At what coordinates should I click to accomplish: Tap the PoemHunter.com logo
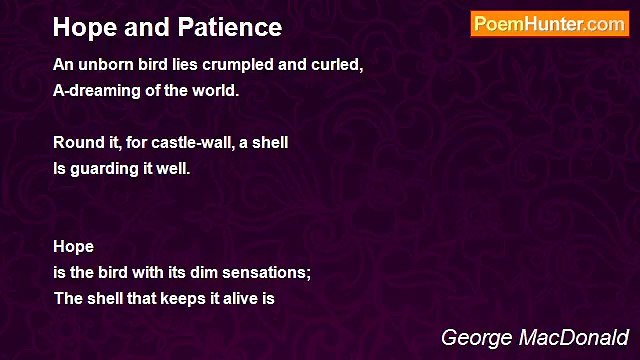pyautogui.click(x=549, y=24)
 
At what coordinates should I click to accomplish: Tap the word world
pyautogui.click(x=217, y=91)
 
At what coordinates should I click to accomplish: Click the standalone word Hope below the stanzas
pyautogui.click(x=74, y=247)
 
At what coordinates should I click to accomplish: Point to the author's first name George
pyautogui.click(x=476, y=338)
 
